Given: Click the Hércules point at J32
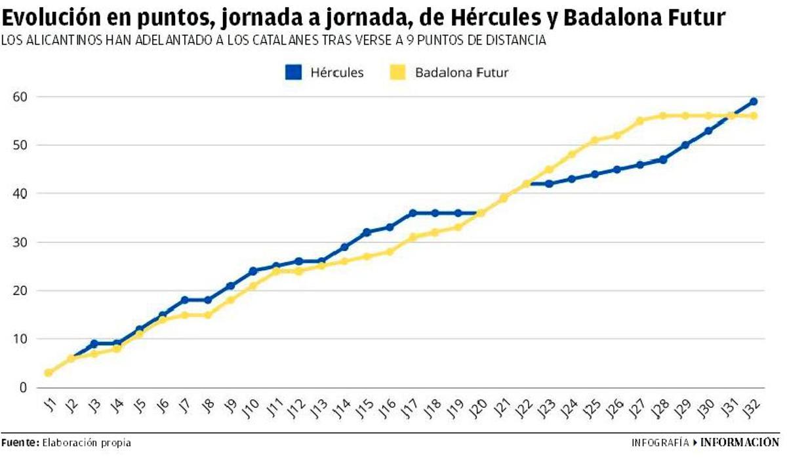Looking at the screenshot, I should [754, 102].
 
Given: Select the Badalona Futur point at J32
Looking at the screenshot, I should [754, 115].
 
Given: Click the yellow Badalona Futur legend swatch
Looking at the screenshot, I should [397, 72].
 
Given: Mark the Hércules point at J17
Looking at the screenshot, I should [413, 213].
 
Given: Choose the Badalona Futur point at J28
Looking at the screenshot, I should [662, 115].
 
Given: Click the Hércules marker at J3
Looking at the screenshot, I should [94, 344].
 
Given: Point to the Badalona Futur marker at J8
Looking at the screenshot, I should [208, 315].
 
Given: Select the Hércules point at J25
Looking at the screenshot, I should [594, 174].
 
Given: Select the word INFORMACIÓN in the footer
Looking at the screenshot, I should [740, 443].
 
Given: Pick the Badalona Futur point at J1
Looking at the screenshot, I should [49, 372].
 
